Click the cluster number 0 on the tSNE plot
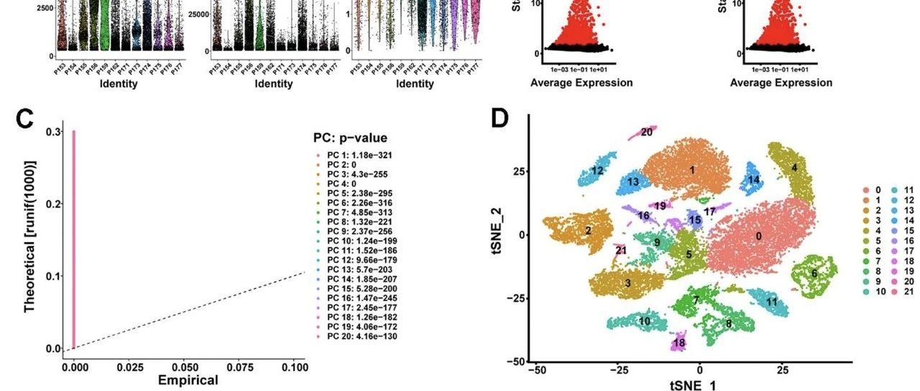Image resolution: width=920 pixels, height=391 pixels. point(758,236)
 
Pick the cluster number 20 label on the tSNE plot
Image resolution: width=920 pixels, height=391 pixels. point(647,132)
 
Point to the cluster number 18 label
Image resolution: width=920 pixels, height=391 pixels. point(679,343)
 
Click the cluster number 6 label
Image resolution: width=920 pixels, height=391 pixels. point(814,274)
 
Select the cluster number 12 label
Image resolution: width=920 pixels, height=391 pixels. point(597,171)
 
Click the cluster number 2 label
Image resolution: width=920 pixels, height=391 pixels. point(588,231)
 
